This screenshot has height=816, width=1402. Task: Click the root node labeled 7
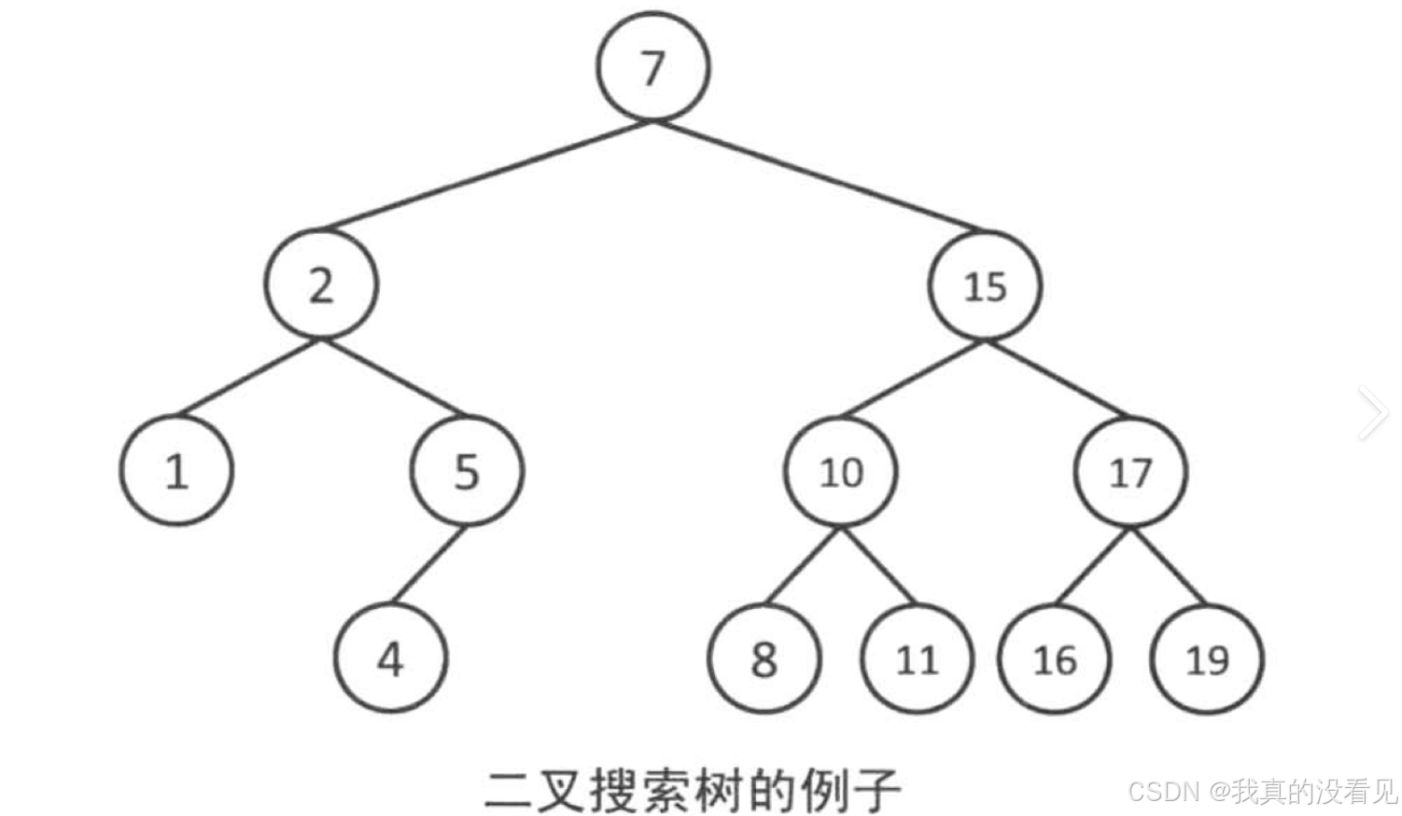point(653,67)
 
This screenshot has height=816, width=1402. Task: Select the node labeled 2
point(321,284)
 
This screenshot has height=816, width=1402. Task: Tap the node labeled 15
point(985,285)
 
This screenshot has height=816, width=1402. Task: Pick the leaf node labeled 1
point(176,471)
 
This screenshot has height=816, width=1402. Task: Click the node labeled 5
point(467,471)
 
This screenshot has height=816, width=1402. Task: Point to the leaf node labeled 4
point(390,658)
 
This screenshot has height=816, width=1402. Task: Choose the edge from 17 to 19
point(1167,565)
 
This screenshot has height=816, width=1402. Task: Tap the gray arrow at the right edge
point(1374,412)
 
